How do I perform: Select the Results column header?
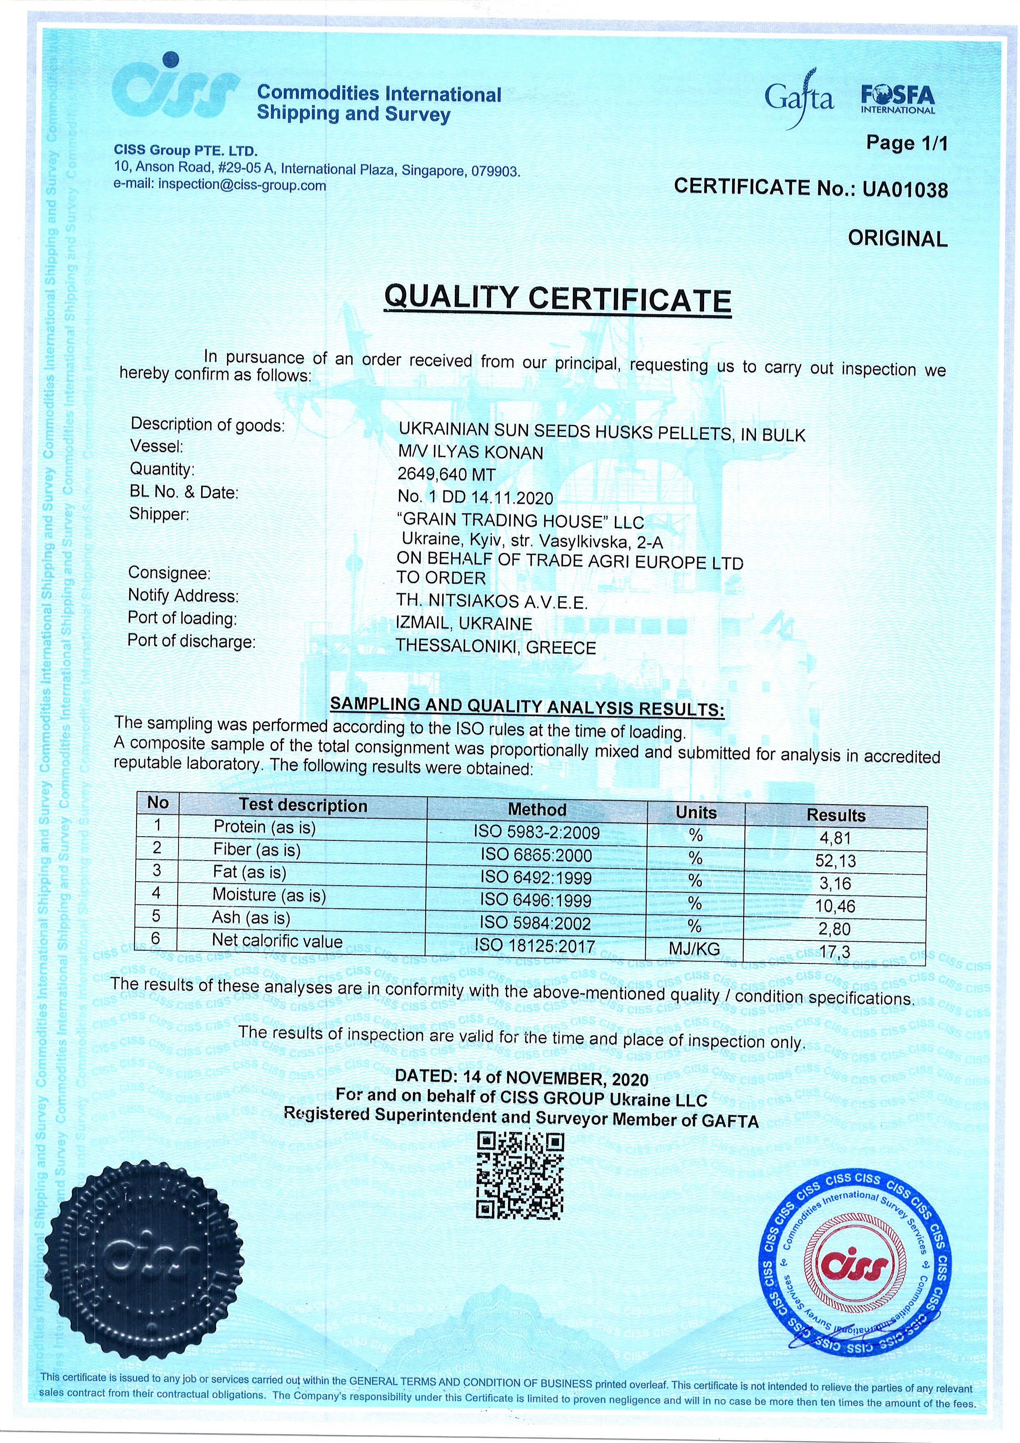pos(836,815)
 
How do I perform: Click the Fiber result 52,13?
pos(835,861)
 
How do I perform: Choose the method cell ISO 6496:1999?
pos(536,900)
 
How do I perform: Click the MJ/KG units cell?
pos(694,949)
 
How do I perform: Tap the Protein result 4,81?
pos(835,838)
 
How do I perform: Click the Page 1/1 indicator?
pos(906,143)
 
